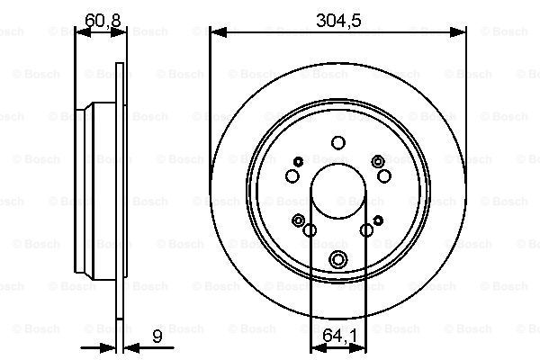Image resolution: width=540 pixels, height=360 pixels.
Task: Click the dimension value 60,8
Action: tap(103, 21)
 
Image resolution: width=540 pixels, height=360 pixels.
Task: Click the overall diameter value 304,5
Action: tap(338, 21)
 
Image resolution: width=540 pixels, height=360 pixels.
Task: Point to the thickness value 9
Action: tap(157, 336)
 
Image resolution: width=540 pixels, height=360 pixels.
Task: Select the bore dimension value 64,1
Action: tap(339, 336)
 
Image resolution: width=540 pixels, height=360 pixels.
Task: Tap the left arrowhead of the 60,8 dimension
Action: tap(83, 32)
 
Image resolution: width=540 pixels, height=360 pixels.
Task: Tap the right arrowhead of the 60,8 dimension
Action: tap(119, 32)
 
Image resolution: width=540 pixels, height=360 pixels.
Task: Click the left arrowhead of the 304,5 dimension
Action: tap(218, 32)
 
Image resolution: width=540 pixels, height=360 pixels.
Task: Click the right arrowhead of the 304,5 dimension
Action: tap(458, 32)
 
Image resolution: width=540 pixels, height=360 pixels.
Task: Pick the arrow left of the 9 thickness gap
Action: tap(98, 348)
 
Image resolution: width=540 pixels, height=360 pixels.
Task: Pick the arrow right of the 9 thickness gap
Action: tap(148, 348)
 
